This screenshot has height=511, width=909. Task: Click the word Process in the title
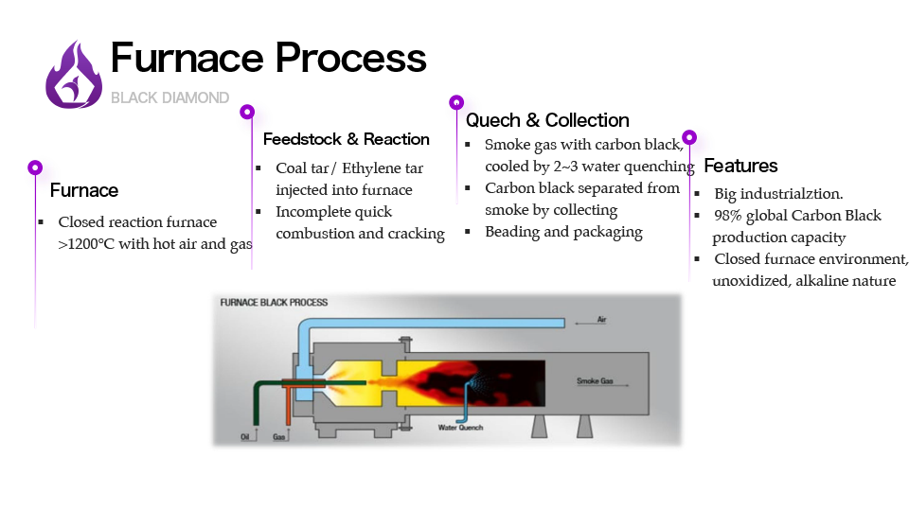[x=350, y=59]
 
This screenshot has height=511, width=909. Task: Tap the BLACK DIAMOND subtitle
[x=169, y=97]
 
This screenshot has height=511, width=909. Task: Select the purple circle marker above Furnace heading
[x=35, y=167]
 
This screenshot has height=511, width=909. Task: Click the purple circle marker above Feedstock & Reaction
[x=247, y=112]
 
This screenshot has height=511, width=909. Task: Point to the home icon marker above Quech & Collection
[x=456, y=102]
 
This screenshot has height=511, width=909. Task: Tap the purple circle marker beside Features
[x=689, y=137]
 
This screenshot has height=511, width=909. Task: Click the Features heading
[x=740, y=166]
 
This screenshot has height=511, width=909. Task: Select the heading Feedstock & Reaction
[x=346, y=139]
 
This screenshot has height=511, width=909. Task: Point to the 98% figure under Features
[x=729, y=216]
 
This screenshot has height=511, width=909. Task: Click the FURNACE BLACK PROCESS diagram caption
[x=274, y=303]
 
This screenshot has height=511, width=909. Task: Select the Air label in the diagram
[x=602, y=321]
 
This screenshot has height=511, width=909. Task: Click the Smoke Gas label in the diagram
[x=595, y=381]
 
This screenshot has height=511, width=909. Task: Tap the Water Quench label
[x=460, y=428]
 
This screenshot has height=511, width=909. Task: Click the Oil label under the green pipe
[x=245, y=437]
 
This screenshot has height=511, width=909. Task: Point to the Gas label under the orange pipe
[x=279, y=437]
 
